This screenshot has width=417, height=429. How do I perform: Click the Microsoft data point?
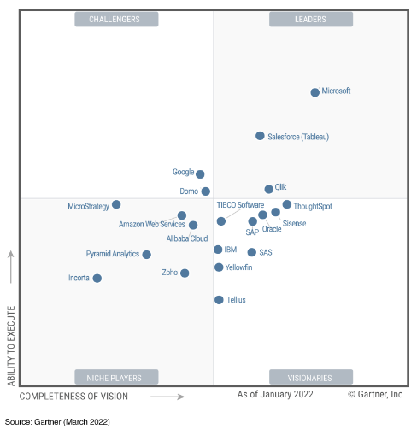click(x=314, y=92)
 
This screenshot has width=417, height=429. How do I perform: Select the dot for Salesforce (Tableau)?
click(x=260, y=136)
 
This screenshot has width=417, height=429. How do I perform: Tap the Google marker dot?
click(x=200, y=174)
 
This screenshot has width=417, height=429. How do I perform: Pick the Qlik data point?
click(x=268, y=189)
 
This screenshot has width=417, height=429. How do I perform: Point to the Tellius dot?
click(x=219, y=300)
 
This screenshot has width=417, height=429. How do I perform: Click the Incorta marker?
click(x=97, y=278)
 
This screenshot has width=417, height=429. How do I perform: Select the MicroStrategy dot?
click(x=116, y=204)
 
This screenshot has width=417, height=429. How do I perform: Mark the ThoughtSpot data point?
click(x=287, y=204)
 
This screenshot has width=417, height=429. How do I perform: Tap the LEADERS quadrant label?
click(x=311, y=20)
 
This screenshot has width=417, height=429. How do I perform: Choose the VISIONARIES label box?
click(x=311, y=377)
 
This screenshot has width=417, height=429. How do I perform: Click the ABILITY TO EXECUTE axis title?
click(x=11, y=346)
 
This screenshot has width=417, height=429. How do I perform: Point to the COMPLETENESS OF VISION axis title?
click(x=73, y=397)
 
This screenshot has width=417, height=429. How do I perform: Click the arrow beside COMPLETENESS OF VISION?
click(x=167, y=397)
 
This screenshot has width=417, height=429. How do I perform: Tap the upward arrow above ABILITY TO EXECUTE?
click(x=11, y=267)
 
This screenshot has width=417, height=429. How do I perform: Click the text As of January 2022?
click(x=275, y=394)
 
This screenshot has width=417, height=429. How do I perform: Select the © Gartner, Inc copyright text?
click(x=375, y=394)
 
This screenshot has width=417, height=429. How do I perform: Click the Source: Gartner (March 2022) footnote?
click(x=57, y=422)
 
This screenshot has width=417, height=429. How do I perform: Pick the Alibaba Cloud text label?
click(x=187, y=238)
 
